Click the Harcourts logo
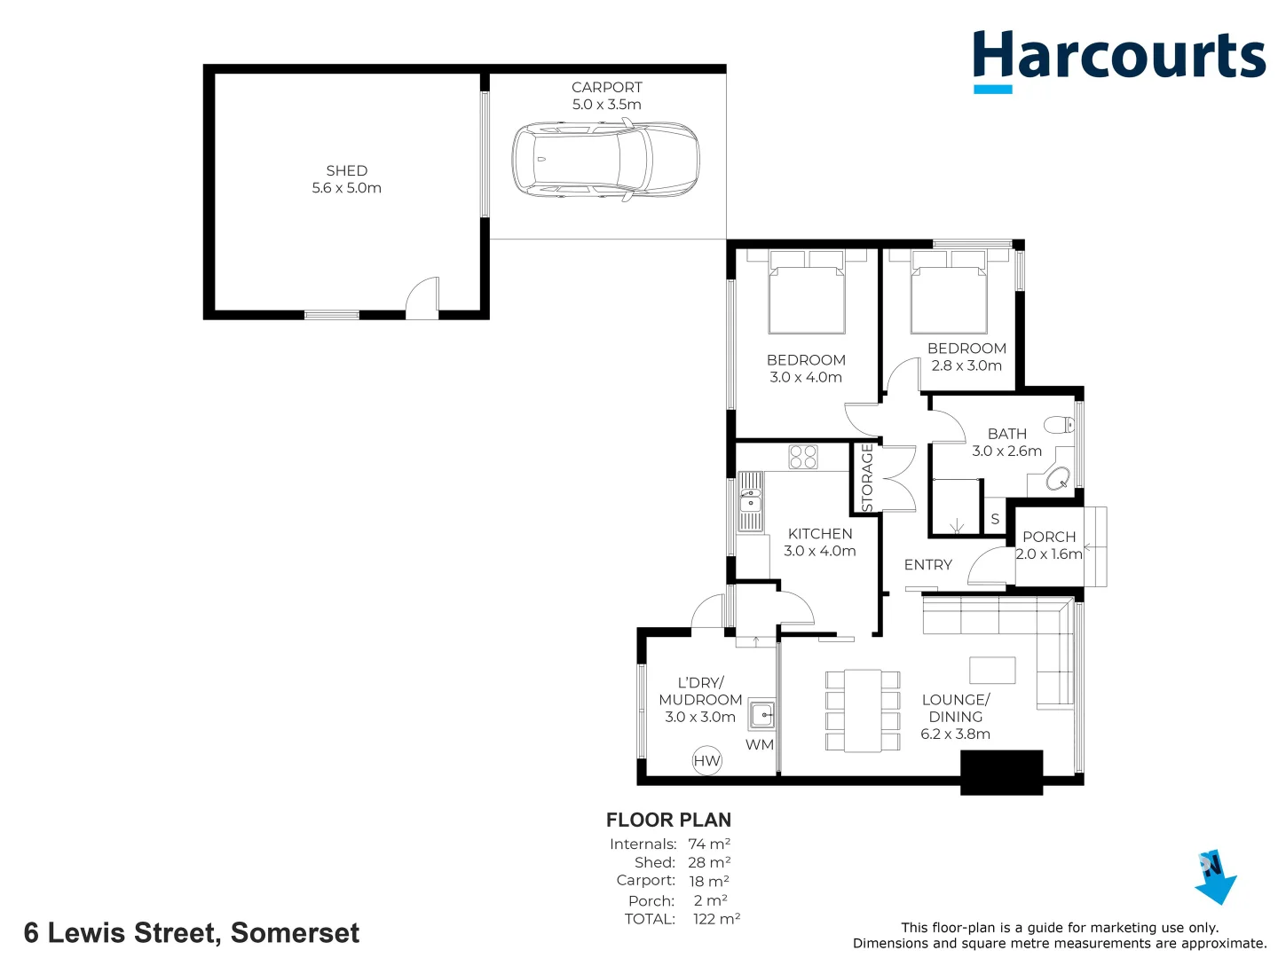[x=1118, y=59]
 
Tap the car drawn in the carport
[x=605, y=161]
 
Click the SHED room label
[x=346, y=179]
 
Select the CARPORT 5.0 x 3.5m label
[x=607, y=96]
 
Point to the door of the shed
[x=423, y=299]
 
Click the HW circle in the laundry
[x=706, y=761]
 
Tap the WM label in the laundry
[x=759, y=745]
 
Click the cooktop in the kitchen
[x=803, y=457]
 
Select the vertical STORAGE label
[x=867, y=477]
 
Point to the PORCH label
[x=1049, y=538]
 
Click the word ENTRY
[x=927, y=565]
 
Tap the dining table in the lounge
[x=862, y=710]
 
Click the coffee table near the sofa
[x=992, y=670]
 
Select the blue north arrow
[x=1216, y=877]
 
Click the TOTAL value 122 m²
[x=716, y=919]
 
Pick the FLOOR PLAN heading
[x=668, y=821]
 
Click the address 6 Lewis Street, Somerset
[x=192, y=933]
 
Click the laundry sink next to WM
[x=761, y=714]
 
